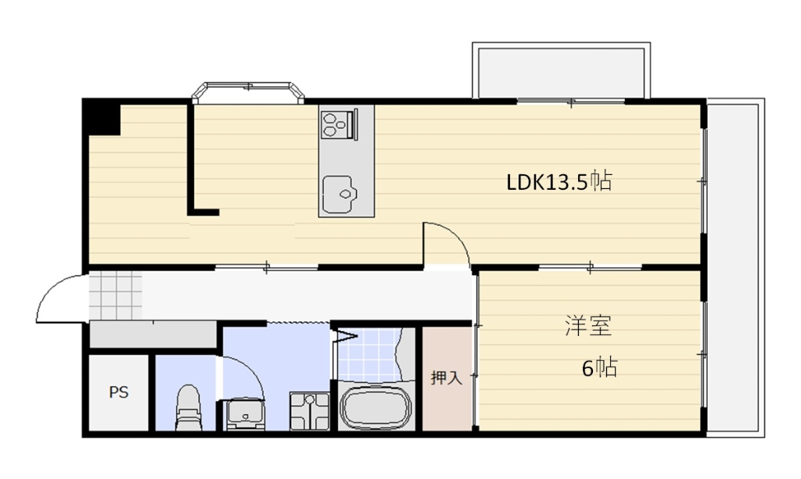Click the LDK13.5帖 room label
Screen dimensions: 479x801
pos(559,182)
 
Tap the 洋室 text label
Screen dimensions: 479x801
pos(587,326)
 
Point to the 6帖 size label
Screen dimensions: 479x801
pos(599,367)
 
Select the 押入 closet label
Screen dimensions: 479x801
pos(447,379)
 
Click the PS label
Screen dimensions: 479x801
pos(118,392)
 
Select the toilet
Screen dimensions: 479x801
pos(188,406)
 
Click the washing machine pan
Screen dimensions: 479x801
pos(310,410)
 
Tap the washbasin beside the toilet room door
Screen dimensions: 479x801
pos(245,413)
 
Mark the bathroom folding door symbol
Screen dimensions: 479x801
pos(344,337)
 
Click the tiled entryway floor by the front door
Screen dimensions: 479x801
pos(115,295)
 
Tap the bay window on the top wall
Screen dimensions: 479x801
pos(247,91)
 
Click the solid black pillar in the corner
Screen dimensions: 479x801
pos(102,117)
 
